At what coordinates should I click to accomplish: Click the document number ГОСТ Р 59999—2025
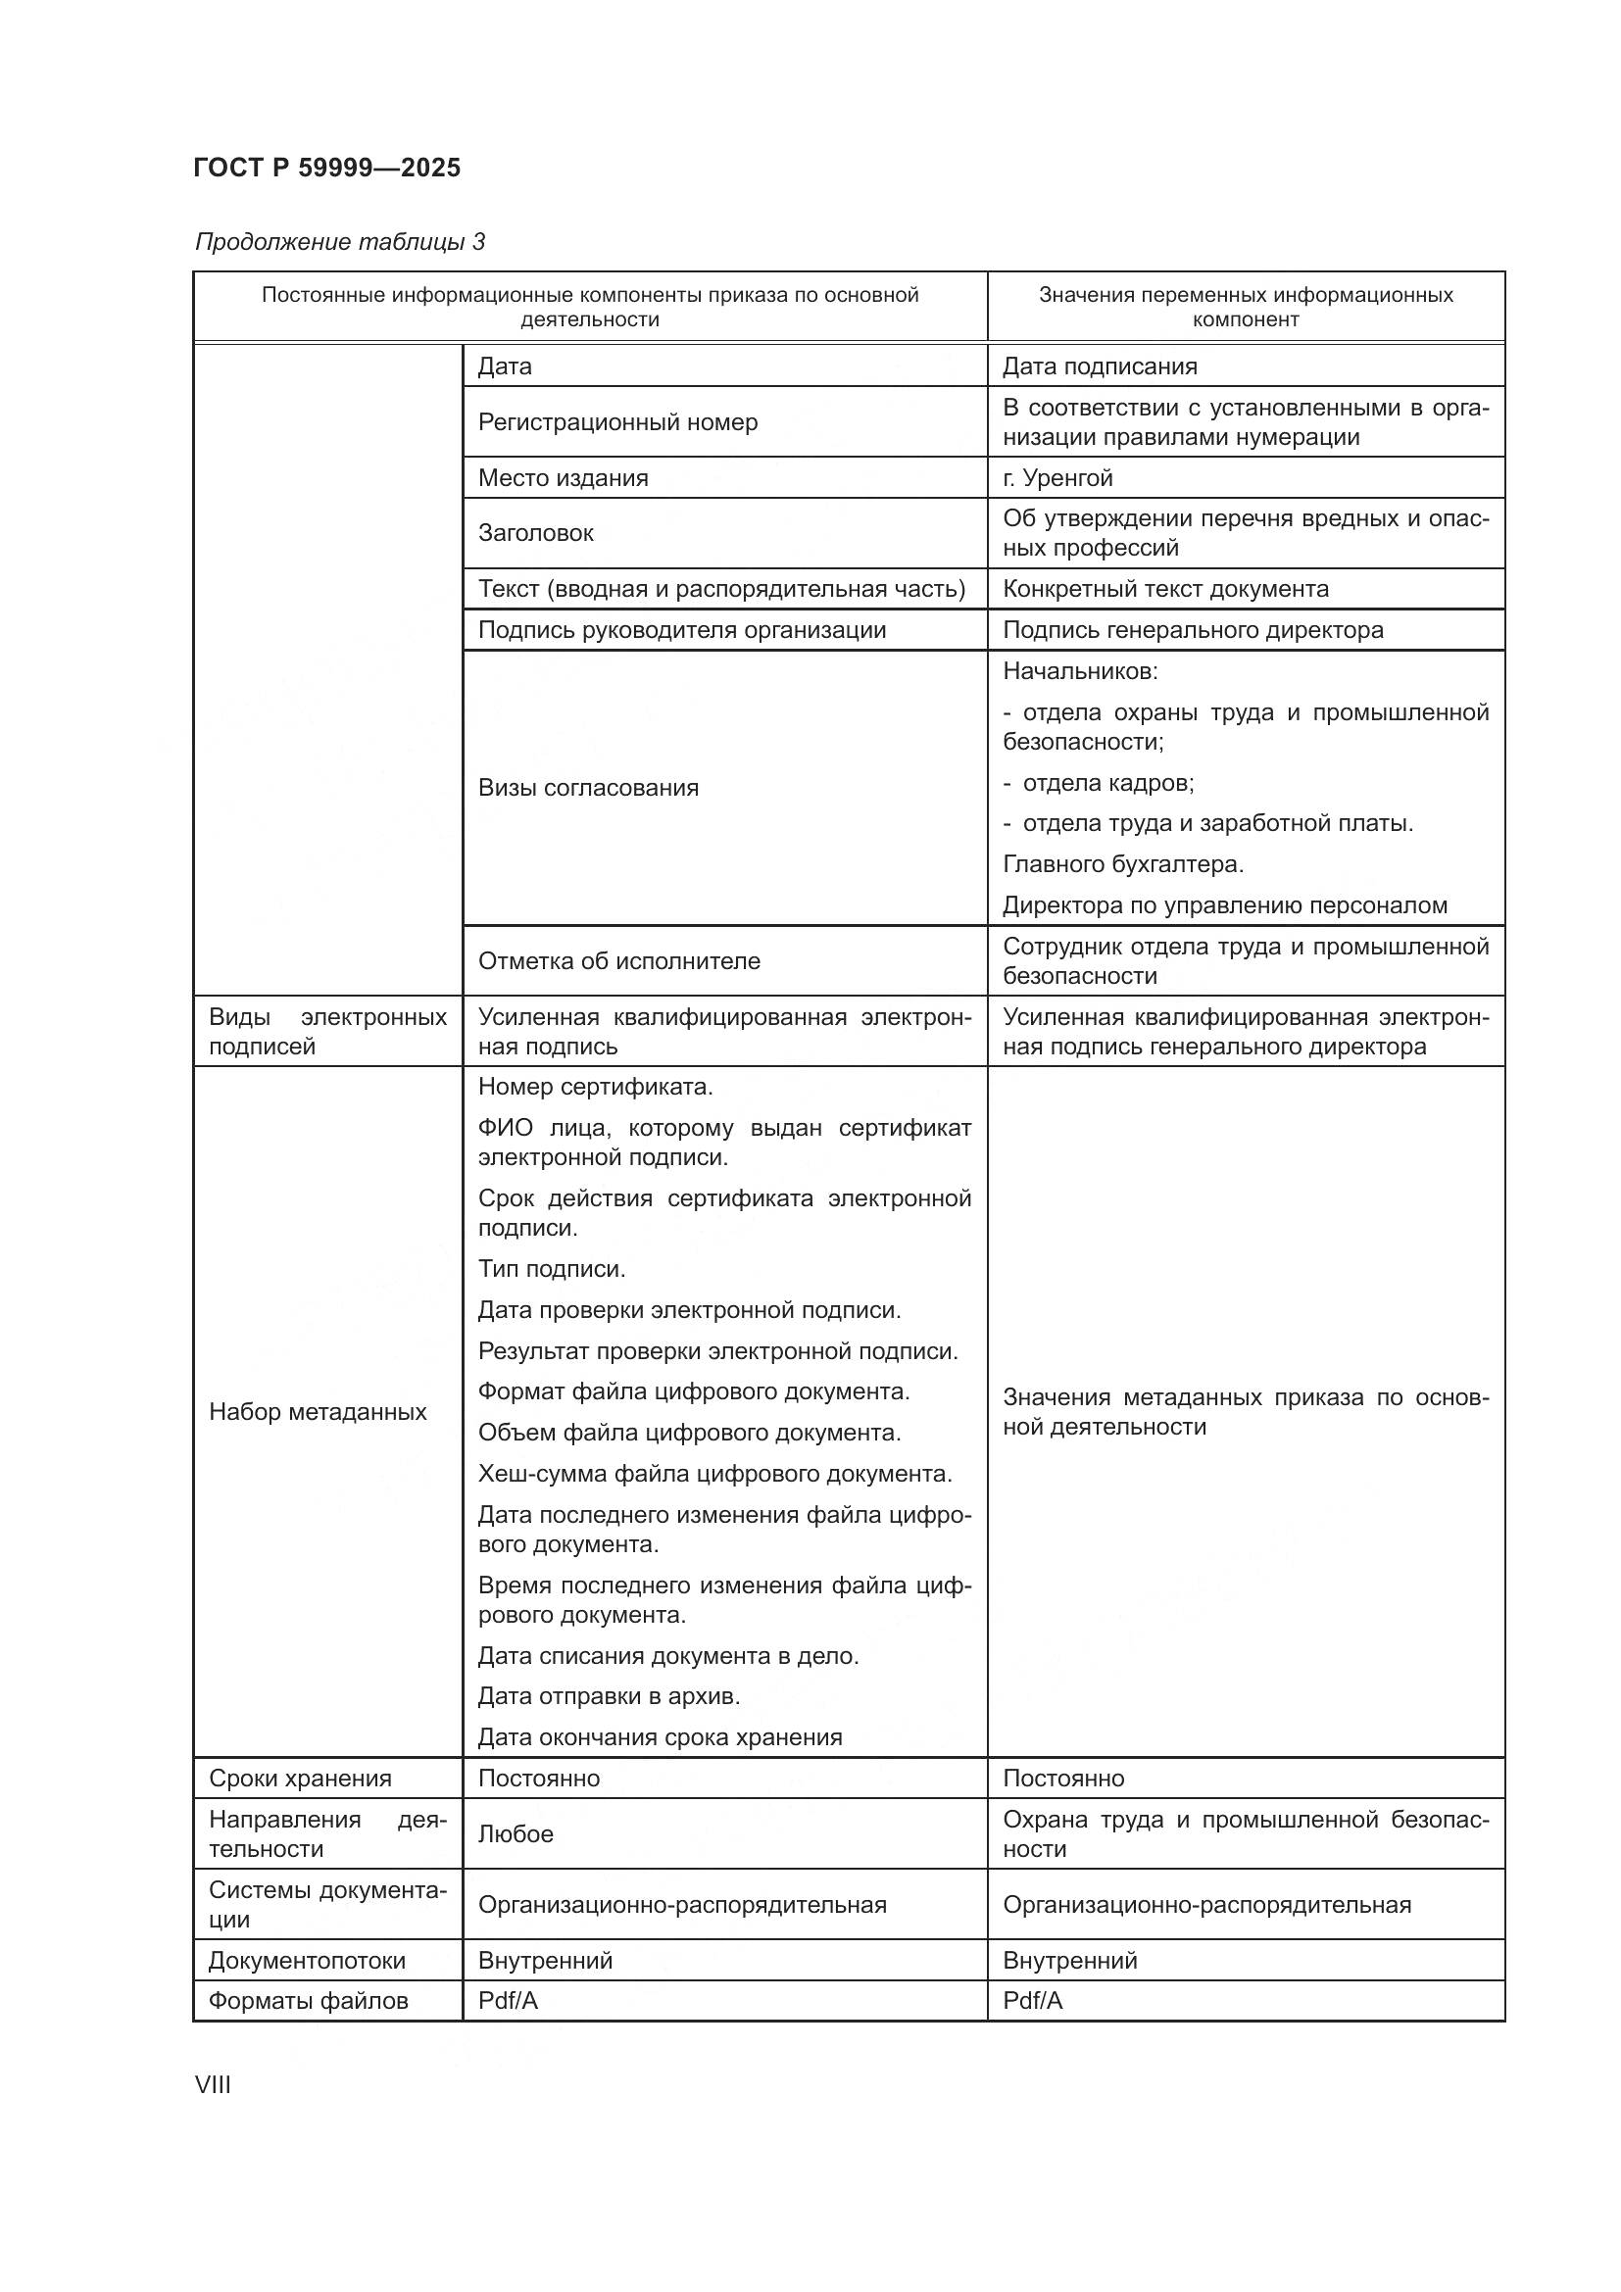coord(326,168)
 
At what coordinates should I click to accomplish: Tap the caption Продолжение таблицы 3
coord(339,242)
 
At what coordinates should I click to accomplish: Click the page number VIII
coord(213,2084)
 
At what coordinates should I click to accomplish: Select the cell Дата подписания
coord(1099,366)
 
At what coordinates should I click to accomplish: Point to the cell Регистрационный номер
coord(616,422)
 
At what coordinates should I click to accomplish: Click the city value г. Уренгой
coord(1057,478)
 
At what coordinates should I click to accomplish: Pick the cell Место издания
coord(562,478)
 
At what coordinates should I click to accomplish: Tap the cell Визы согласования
coord(588,788)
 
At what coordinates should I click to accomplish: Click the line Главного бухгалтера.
coord(1123,864)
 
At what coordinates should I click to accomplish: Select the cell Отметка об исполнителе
coord(618,961)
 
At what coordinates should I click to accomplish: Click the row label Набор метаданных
coord(318,1411)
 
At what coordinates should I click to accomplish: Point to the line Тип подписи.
coord(551,1269)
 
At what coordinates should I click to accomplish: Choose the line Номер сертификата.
coord(595,1086)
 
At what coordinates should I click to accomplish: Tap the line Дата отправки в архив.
coord(609,1696)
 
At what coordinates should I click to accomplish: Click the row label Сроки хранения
coord(300,1778)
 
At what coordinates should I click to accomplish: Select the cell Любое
coord(516,1833)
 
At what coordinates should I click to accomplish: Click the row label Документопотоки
coord(307,1961)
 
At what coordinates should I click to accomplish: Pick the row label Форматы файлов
coord(308,2002)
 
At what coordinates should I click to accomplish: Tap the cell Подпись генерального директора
coord(1193,630)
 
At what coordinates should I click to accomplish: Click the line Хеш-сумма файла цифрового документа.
coord(714,1474)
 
